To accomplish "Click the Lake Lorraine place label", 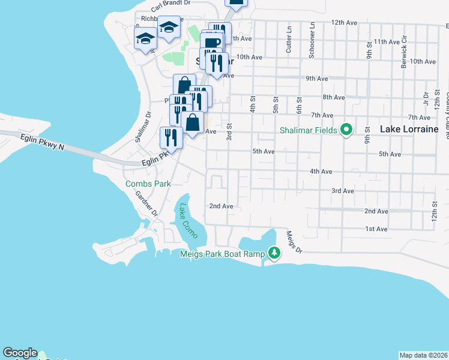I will pos(409,129).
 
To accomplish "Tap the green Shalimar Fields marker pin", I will pos(346,130).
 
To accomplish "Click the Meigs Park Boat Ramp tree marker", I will pos(274,253).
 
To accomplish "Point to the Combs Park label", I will pos(148,184).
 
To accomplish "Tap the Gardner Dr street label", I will pos(146,204).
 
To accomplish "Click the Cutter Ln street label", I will pos(289,43).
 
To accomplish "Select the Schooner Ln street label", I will pos(312,41).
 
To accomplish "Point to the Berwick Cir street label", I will pos(404,55).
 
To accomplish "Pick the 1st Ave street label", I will pos(376,229).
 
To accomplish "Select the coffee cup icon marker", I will pos(212,43).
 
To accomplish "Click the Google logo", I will pos(20,353).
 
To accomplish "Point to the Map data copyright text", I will pos(424,355).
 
